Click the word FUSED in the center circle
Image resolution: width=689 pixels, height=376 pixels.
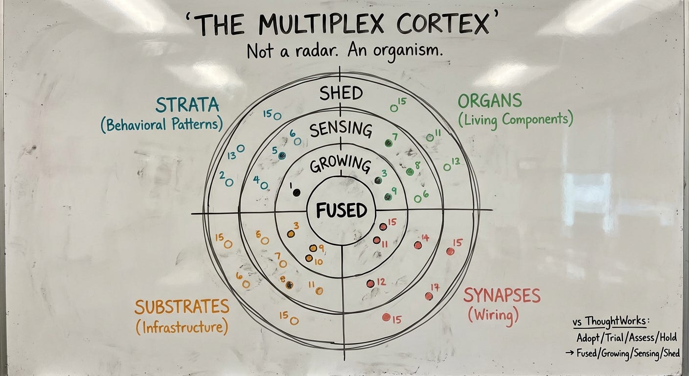(341, 211)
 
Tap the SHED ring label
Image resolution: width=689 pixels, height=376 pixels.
(341, 93)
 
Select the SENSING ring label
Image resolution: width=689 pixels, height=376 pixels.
(341, 129)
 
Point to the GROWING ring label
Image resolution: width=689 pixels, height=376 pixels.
(341, 165)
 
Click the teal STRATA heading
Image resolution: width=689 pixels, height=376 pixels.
(188, 105)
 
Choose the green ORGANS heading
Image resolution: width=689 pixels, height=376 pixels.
(490, 101)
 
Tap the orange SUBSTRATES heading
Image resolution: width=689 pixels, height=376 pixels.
(182, 307)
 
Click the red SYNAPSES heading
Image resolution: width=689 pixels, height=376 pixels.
(502, 296)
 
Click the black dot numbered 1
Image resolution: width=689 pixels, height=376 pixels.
(296, 192)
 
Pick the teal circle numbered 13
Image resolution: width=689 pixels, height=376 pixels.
(240, 148)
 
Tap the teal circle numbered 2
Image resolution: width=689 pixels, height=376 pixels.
(229, 182)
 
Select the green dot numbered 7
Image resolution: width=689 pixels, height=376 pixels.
(389, 143)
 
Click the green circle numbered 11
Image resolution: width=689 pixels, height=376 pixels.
(430, 138)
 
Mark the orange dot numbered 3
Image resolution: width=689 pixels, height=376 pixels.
(291, 234)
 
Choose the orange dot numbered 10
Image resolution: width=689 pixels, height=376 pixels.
(309, 258)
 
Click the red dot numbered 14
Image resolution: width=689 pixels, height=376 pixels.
(418, 245)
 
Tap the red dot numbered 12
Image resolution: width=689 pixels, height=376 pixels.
(370, 283)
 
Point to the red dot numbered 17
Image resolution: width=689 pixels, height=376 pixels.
(429, 296)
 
